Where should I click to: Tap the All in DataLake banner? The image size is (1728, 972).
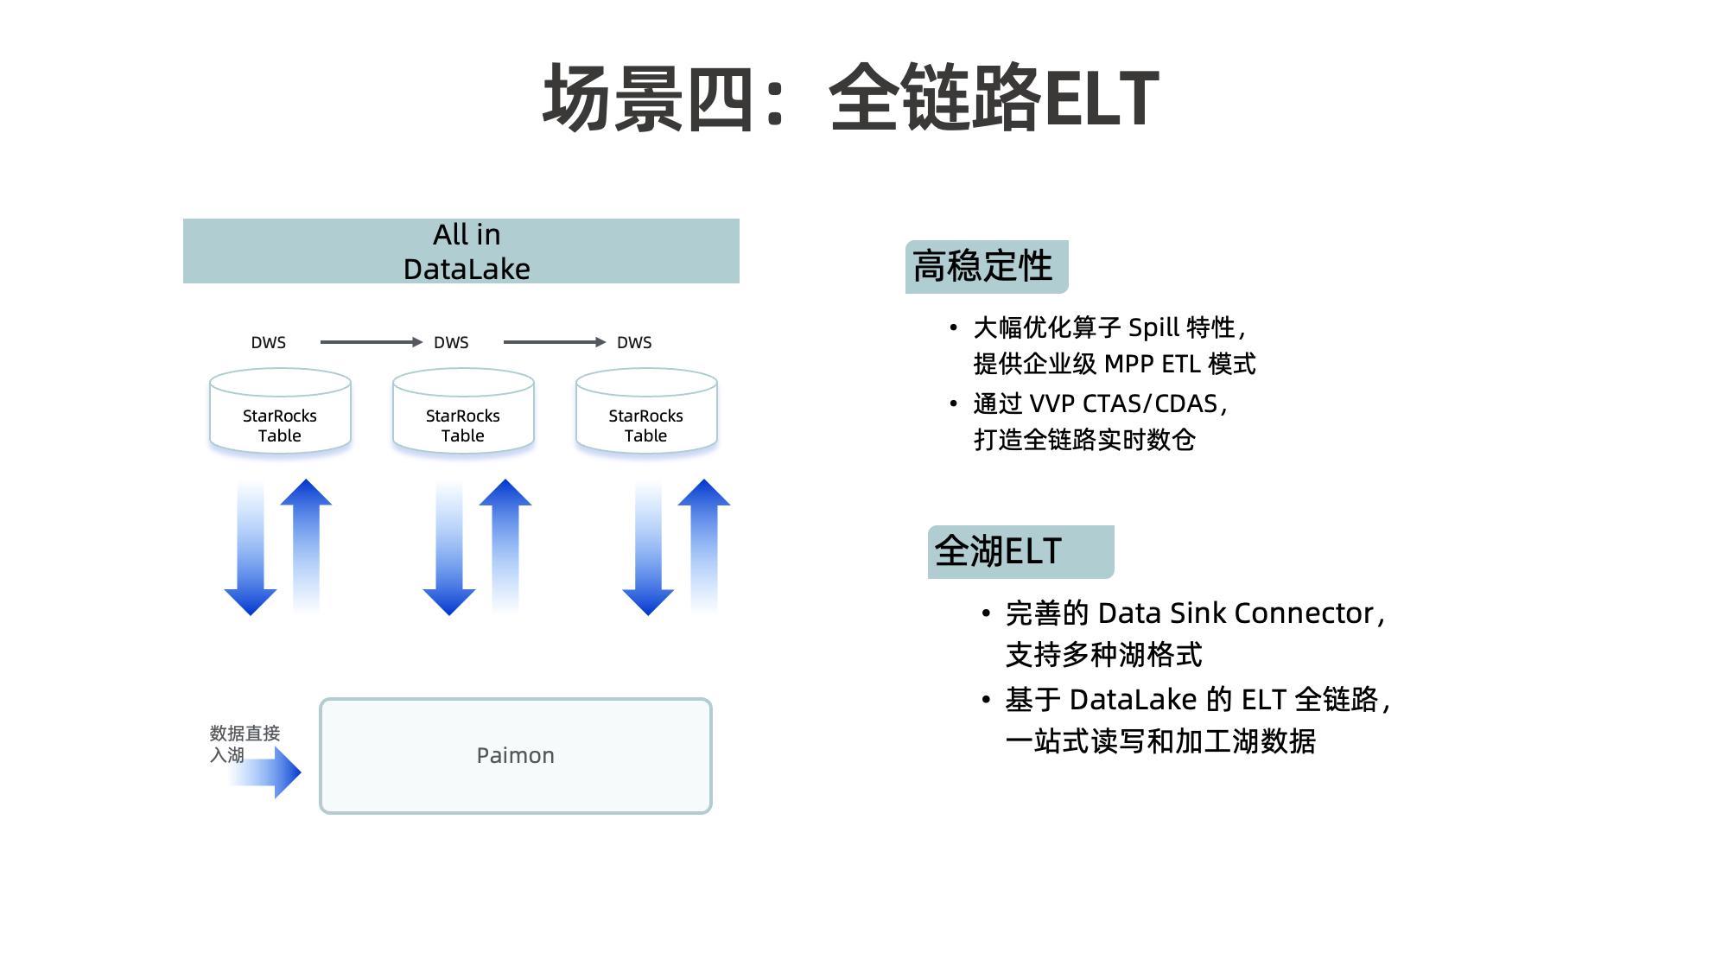(461, 251)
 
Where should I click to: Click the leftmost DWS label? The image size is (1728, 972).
(269, 343)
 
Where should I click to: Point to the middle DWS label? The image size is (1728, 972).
(451, 343)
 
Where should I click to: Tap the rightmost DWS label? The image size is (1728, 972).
(634, 343)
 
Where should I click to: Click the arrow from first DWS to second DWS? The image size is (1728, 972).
(371, 342)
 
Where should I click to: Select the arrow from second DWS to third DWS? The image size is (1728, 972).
(554, 342)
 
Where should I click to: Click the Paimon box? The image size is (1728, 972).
(516, 756)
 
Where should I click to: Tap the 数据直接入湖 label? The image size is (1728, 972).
(244, 743)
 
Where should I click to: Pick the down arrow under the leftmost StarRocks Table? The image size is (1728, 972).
(251, 549)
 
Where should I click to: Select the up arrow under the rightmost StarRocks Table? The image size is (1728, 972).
(704, 544)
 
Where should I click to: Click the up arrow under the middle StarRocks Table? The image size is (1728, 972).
(505, 544)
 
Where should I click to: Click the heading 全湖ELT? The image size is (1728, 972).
(999, 551)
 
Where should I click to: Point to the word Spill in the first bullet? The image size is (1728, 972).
(1153, 328)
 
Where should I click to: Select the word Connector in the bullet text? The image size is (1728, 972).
(1304, 613)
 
